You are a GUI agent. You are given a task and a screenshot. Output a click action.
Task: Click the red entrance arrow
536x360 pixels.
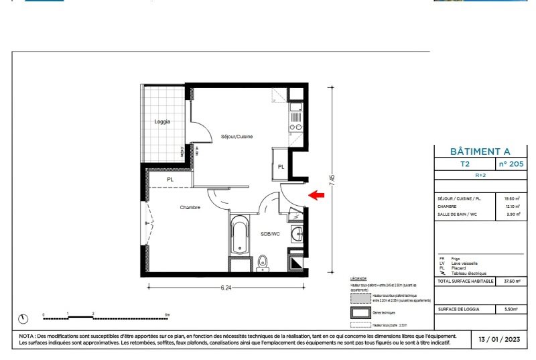click(316, 195)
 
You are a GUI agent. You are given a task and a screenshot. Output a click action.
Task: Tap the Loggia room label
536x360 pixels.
click(162, 121)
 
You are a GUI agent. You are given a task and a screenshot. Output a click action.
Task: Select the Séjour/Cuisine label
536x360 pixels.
click(237, 137)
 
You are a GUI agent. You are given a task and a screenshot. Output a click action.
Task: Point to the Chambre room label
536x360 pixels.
click(190, 208)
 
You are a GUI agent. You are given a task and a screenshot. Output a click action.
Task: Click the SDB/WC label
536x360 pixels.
click(270, 234)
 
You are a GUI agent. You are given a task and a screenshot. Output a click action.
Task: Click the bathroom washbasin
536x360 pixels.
click(297, 234)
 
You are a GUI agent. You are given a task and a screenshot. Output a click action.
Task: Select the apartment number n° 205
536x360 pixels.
click(511, 164)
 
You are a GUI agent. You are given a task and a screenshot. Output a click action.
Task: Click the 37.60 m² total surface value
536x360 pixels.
click(511, 282)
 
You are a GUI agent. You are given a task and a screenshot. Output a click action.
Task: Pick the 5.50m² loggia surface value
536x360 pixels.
click(511, 310)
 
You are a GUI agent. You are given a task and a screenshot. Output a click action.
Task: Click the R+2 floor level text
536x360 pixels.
click(480, 175)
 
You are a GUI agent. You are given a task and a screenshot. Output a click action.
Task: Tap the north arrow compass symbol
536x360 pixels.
click(25, 318)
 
